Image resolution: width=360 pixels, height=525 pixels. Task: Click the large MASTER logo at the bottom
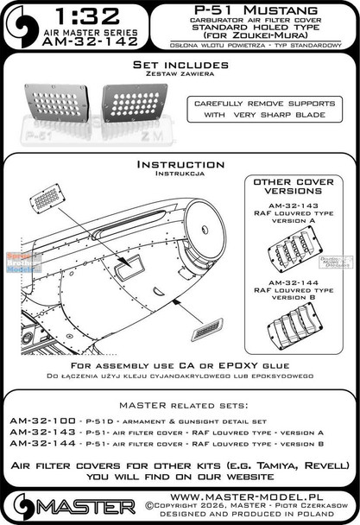[x=70, y=503]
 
